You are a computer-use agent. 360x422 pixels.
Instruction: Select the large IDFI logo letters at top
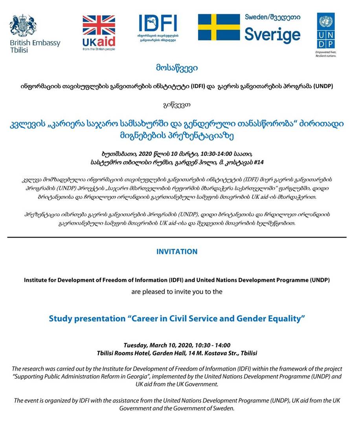click(158, 23)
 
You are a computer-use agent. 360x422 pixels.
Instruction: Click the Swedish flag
click(219, 27)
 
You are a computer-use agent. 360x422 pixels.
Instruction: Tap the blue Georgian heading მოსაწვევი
click(176, 68)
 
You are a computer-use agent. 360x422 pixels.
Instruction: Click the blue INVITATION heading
click(177, 251)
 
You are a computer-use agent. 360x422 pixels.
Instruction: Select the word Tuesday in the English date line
click(135, 345)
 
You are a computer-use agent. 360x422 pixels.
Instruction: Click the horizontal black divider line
click(177, 237)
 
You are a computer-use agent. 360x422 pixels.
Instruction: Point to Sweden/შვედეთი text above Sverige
click(272, 17)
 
